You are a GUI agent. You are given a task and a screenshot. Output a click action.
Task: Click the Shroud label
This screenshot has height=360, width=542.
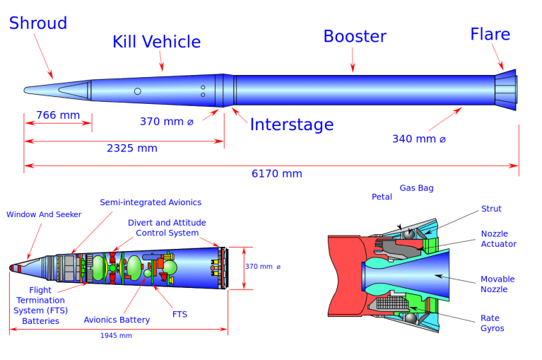coord(38,23)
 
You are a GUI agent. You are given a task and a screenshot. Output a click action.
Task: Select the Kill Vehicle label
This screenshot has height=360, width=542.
coord(156,42)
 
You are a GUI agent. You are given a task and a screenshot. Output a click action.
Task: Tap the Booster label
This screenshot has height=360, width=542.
coord(355,36)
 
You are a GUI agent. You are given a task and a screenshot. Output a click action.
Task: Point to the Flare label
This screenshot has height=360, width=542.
coord(490,34)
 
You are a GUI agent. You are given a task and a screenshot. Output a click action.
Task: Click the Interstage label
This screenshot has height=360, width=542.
coord(291,125)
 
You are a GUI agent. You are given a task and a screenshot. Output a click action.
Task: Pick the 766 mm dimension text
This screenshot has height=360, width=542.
coord(58,115)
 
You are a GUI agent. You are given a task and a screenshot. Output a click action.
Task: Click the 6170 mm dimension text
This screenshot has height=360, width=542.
coord(276,174)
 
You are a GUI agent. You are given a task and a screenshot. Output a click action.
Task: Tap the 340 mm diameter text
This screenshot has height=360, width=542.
coord(419,139)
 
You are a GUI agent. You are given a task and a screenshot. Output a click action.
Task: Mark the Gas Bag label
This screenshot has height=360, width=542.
coord(416,188)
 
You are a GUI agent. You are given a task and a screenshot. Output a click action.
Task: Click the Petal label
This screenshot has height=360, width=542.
coord(382,197)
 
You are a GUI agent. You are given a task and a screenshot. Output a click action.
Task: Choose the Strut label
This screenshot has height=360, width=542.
coord(491,209)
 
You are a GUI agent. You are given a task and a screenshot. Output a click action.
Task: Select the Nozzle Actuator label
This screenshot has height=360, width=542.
coord(498,238)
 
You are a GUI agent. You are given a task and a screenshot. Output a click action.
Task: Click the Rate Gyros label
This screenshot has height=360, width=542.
coord(493,323)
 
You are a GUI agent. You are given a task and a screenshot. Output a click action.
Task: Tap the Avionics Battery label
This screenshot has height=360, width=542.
coord(117,320)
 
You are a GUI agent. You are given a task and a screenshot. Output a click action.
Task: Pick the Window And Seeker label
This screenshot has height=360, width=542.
coord(44,214)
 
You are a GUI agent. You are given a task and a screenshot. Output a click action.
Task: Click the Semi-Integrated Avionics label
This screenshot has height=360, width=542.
coord(151,202)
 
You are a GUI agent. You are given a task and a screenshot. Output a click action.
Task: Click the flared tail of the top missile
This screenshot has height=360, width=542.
coord(507,90)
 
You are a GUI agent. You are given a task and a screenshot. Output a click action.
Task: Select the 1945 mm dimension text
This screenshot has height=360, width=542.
coord(116,335)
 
